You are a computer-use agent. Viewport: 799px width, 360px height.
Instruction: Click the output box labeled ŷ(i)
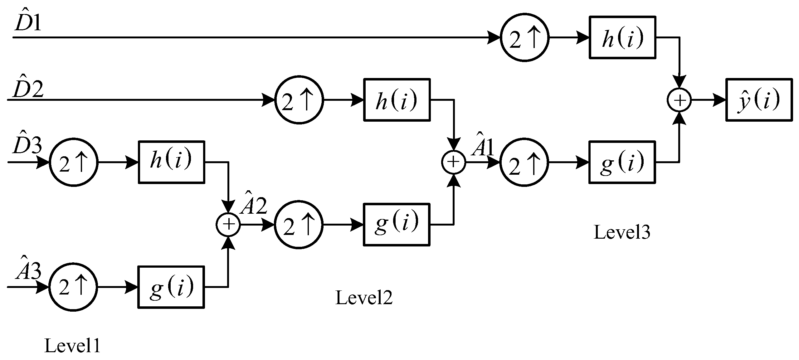tap(759, 100)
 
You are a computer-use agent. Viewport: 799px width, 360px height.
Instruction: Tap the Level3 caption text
tap(621, 232)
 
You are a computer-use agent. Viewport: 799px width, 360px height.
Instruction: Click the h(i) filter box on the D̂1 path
tap(622, 37)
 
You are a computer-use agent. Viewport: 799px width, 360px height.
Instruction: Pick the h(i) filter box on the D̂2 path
tap(397, 100)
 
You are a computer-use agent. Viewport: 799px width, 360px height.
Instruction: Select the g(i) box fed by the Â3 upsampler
tap(171, 287)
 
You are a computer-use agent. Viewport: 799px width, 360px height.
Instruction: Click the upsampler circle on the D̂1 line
tap(524, 37)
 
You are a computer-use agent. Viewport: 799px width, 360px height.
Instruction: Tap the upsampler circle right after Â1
tap(524, 162)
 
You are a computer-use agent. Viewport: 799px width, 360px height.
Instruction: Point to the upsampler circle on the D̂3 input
tap(74, 162)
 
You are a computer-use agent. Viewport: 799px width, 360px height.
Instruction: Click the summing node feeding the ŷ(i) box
tap(679, 100)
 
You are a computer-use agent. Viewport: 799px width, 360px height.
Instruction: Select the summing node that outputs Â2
tap(228, 225)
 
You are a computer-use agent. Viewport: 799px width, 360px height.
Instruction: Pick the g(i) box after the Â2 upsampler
tap(397, 225)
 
